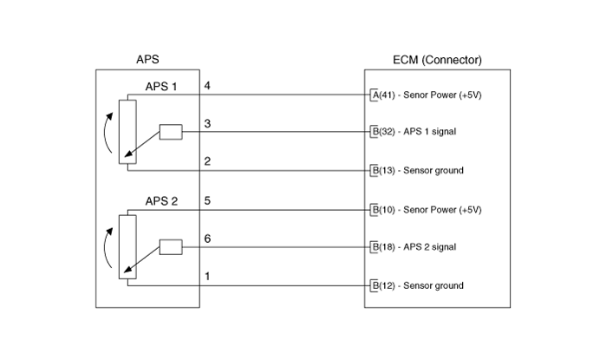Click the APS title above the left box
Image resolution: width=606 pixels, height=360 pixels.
tap(147, 60)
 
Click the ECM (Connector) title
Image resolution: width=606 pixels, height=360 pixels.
tap(437, 60)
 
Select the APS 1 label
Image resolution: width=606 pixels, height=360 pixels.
tap(161, 87)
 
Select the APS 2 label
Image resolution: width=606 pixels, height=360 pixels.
tap(161, 201)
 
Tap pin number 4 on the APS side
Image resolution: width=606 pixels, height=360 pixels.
tap(207, 86)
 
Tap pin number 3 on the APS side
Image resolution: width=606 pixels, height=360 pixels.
tap(207, 124)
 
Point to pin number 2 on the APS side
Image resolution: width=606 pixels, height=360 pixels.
tap(207, 161)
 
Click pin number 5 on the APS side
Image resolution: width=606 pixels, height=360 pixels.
tap(207, 200)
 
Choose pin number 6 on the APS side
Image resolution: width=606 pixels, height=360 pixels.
tap(207, 239)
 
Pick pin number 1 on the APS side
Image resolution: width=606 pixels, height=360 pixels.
tap(207, 276)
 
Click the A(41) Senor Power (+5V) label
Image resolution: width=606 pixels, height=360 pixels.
tap(427, 95)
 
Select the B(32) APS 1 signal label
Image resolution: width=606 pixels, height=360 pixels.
tap(414, 132)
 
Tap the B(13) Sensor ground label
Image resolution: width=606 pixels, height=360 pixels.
tap(417, 171)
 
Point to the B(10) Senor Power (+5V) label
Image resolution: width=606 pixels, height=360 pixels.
tap(427, 210)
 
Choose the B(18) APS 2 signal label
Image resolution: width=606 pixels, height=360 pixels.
tap(414, 247)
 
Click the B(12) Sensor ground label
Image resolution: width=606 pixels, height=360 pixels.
tap(417, 285)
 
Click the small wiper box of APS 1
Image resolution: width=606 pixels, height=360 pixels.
tap(171, 132)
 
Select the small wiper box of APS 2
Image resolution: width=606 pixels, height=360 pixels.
tap(171, 247)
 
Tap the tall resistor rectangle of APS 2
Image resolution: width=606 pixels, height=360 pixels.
tap(127, 247)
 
